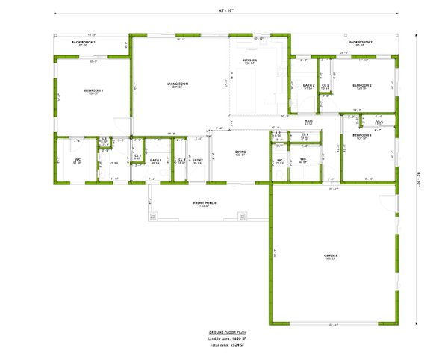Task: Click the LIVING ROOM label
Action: coord(177,84)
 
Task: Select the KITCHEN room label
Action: coord(250,60)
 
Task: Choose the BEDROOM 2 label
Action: coord(362,85)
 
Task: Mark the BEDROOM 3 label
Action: coord(362,135)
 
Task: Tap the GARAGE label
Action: coord(331,255)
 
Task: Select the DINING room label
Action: coord(240,152)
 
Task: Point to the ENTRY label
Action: coord(198,160)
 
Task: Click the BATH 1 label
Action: coord(155,160)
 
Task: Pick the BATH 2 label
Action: coord(308,85)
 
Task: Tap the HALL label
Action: coord(308,121)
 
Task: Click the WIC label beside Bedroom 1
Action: coord(77,160)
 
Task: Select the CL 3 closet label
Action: coord(379,120)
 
